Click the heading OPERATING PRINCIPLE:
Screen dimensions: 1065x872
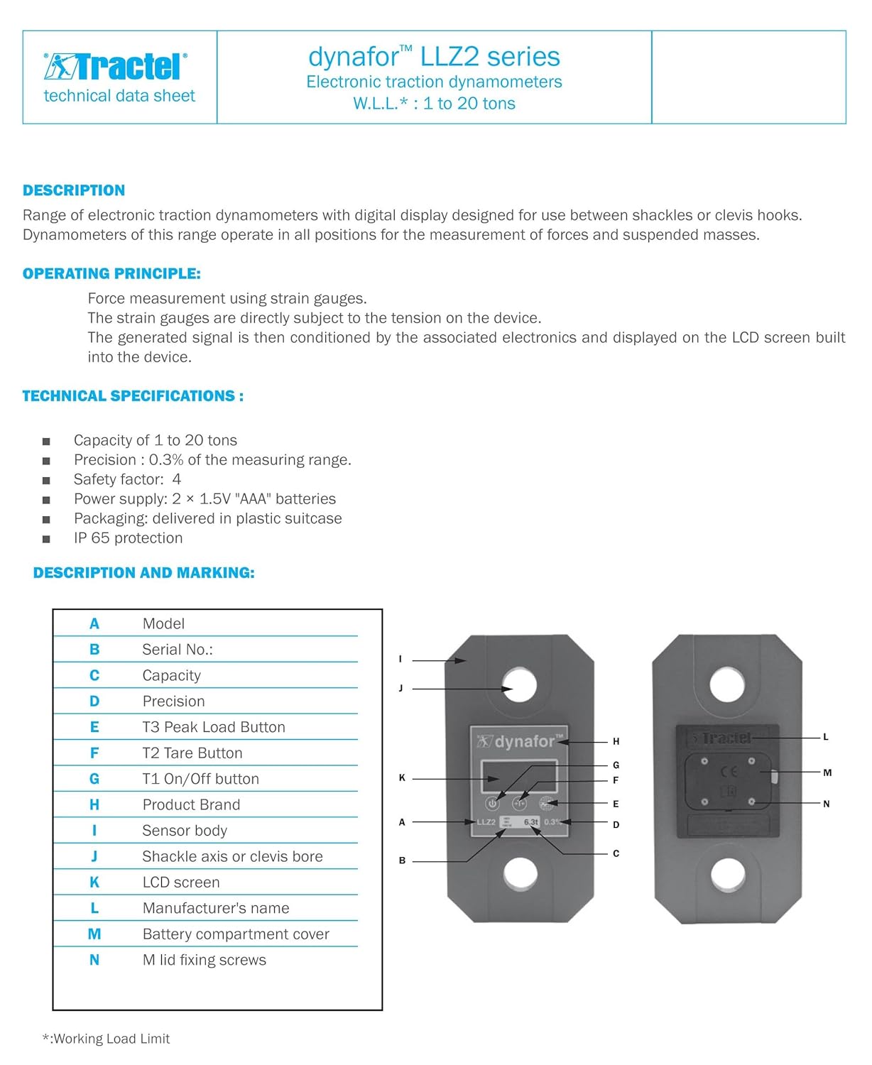click(111, 273)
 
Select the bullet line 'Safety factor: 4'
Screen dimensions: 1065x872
click(127, 479)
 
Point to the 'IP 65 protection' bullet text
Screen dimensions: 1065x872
click(128, 538)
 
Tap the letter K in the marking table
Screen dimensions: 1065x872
click(94, 883)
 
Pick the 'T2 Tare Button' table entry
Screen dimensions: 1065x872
click(192, 753)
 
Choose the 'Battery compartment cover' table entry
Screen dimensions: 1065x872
click(236, 934)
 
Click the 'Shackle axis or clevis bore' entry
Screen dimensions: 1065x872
click(232, 857)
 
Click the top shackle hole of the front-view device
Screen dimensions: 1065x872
click(519, 687)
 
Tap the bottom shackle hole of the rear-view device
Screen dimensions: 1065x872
click(727, 874)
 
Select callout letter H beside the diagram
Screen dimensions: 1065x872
click(616, 742)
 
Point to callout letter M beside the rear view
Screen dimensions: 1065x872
click(827, 772)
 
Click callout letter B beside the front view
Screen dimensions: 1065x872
click(402, 861)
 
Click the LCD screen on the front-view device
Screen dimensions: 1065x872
click(518, 776)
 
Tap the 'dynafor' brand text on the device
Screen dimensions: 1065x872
click(524, 742)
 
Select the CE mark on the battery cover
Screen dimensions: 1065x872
click(729, 771)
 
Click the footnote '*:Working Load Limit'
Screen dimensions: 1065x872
click(107, 1039)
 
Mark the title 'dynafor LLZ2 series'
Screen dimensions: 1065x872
click(434, 57)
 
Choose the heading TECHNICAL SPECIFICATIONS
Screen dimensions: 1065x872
click(133, 396)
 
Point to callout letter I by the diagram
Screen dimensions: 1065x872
click(400, 660)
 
